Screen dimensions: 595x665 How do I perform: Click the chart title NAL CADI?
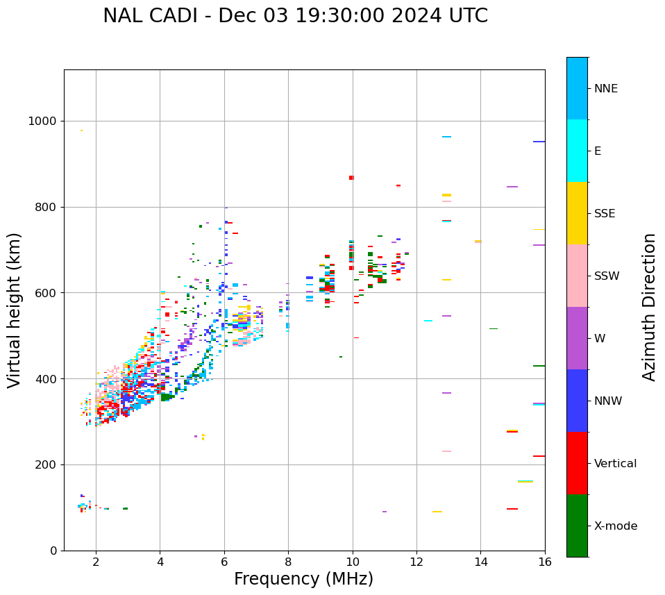295,16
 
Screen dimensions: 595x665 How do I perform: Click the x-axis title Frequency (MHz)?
303,579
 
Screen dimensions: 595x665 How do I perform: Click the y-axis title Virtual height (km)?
15,310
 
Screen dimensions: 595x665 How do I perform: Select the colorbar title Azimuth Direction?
649,307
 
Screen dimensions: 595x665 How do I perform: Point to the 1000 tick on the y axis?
44,121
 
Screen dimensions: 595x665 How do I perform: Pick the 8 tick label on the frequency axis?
288,561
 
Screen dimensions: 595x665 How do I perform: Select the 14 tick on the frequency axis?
480,561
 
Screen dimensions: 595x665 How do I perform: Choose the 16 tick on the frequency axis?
545,561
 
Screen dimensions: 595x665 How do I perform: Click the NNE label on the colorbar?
606,89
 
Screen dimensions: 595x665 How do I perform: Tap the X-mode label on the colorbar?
616,526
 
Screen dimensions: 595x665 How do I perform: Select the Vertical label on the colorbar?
616,464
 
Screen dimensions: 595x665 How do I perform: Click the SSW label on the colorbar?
607,276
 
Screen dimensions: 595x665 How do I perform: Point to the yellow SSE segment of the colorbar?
577,213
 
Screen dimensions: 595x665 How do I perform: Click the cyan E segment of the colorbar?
577,151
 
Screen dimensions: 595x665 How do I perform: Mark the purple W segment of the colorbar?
577,338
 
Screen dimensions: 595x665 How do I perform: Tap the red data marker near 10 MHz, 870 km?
351,178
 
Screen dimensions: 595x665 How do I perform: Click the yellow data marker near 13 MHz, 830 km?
446,195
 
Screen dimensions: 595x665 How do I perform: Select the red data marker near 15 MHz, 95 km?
512,509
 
